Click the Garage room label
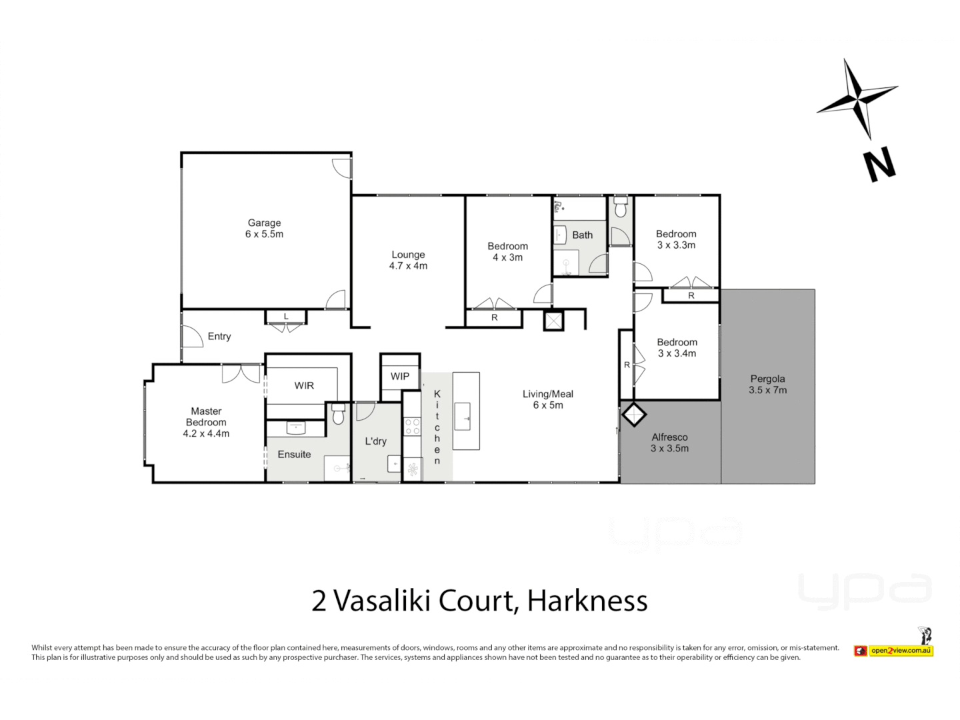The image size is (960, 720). (264, 223)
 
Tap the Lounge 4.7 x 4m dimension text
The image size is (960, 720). (408, 266)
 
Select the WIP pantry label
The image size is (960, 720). (400, 376)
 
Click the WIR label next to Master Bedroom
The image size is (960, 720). (304, 385)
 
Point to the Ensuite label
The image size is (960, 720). (294, 454)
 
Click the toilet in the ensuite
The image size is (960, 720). (338, 415)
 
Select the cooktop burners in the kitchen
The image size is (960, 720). (412, 427)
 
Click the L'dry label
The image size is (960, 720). (375, 441)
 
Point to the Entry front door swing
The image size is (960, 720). (192, 335)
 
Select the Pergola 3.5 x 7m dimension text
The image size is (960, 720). (767, 390)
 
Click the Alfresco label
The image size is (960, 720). (669, 437)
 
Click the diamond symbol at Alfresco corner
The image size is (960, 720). (633, 415)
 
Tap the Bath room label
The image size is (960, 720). (582, 235)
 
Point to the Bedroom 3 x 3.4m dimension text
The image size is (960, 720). (677, 353)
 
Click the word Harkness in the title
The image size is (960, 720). (587, 601)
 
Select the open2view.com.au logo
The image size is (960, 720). (900, 650)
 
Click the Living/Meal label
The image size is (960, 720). (547, 393)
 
